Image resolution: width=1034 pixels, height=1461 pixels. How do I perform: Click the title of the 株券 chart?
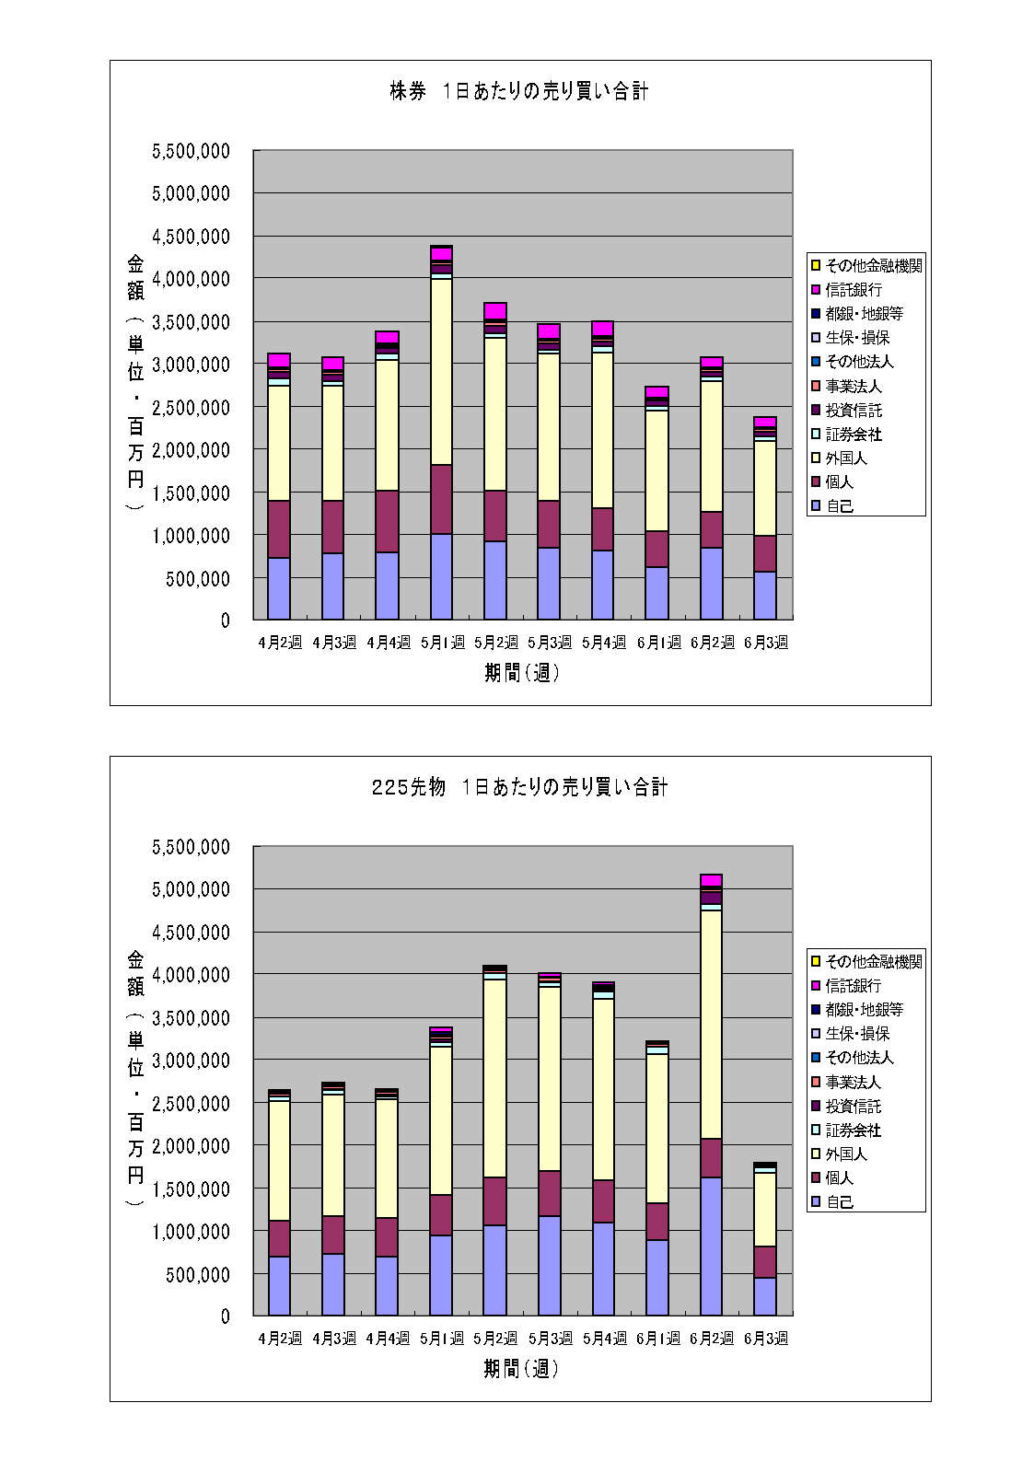[518, 91]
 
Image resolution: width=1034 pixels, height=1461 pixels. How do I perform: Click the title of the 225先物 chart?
[519, 787]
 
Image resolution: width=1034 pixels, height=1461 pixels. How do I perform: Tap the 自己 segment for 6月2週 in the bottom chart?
[711, 1246]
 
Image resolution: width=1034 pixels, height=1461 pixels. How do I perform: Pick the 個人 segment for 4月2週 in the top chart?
[279, 528]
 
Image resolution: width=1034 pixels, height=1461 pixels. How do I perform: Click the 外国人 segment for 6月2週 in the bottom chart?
[711, 1024]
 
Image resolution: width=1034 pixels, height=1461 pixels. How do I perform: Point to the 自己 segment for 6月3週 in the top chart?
[765, 595]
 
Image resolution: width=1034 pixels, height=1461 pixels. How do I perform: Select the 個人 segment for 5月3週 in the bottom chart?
[549, 1193]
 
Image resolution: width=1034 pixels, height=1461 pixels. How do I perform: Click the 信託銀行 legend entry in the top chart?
[853, 290]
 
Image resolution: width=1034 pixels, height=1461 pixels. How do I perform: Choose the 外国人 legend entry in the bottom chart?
[845, 1154]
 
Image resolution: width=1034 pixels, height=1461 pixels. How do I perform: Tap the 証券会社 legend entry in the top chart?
[853, 434]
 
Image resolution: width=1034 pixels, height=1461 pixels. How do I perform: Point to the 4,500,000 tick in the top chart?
[191, 237]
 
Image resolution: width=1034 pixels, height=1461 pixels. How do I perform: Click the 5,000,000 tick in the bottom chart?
[191, 889]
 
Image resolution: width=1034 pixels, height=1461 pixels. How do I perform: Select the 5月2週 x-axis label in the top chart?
[495, 643]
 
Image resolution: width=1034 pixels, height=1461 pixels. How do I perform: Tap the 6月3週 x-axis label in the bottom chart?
[766, 1339]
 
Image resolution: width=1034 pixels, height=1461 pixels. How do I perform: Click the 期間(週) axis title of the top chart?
[521, 673]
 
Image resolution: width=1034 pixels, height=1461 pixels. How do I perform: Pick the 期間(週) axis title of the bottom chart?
[521, 1369]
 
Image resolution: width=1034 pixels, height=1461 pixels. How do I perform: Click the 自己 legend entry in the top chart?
[839, 505]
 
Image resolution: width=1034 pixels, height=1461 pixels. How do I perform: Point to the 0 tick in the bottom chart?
[225, 1316]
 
